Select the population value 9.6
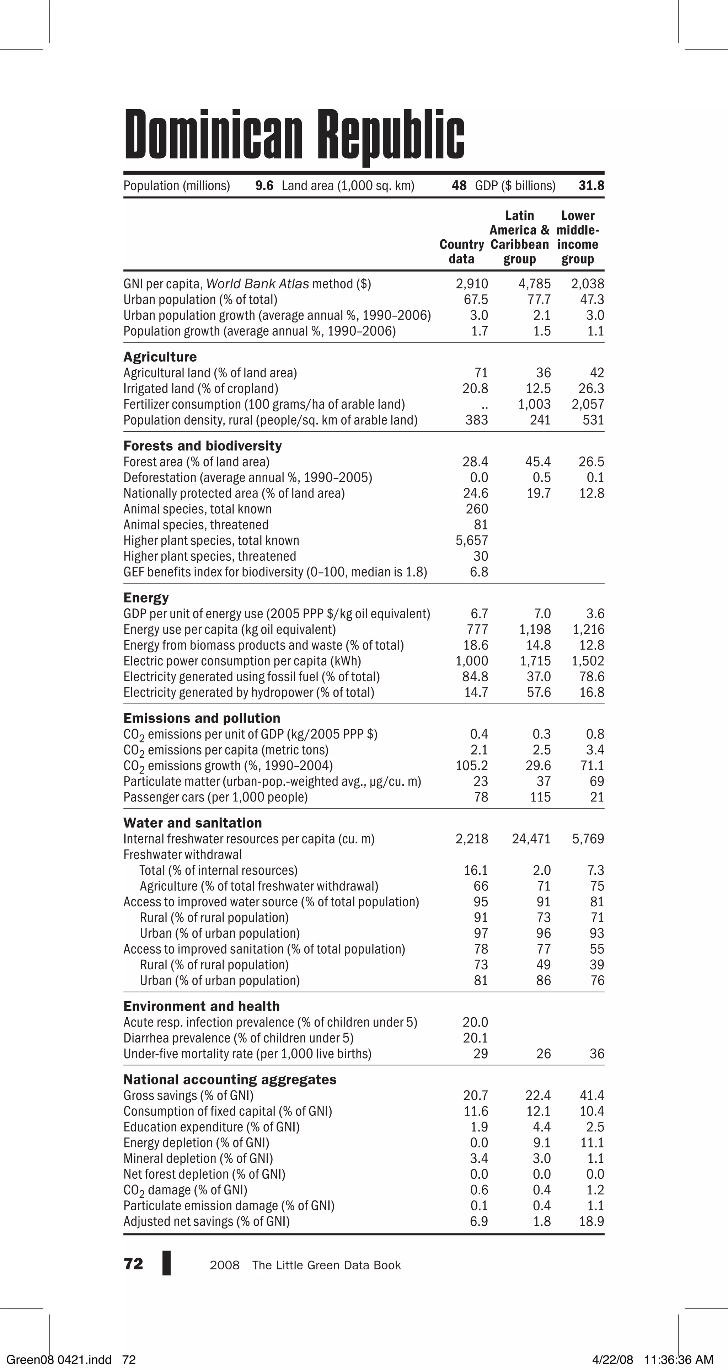264,186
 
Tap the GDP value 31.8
591,186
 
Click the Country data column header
462,251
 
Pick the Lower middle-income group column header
578,237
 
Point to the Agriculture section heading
160,357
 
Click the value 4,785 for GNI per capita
534,284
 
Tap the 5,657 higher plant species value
472,541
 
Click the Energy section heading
146,598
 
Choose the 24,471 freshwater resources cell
531,839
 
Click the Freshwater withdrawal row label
182,855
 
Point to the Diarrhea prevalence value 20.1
475,1038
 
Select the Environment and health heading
202,1006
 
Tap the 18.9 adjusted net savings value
591,1222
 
